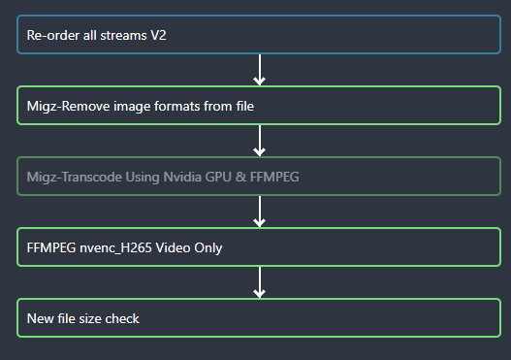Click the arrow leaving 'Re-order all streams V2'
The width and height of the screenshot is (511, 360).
click(x=259, y=70)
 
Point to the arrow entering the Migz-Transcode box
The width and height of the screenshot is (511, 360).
click(x=259, y=141)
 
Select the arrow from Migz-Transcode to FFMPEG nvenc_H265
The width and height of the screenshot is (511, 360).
click(x=259, y=212)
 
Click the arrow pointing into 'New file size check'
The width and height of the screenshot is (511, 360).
click(x=259, y=282)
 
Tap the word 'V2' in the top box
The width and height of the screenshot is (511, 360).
click(x=174, y=36)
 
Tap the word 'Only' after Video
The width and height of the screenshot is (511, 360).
click(x=208, y=248)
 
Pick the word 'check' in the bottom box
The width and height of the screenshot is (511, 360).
click(x=120, y=319)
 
